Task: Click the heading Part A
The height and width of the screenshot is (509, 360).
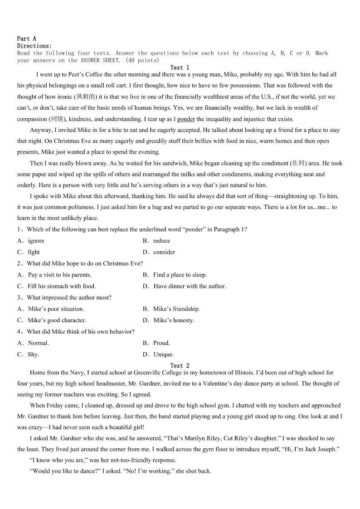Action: pos(26,39)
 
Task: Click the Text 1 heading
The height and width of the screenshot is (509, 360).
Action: pos(180,68)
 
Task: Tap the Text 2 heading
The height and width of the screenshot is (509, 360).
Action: pos(180,365)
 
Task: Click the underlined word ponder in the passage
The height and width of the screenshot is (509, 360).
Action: pos(186,119)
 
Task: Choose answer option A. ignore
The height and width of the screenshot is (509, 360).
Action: pos(31,241)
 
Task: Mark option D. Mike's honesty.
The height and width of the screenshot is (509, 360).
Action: pos(169,320)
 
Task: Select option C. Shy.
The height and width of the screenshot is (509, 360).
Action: pos(29,354)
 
